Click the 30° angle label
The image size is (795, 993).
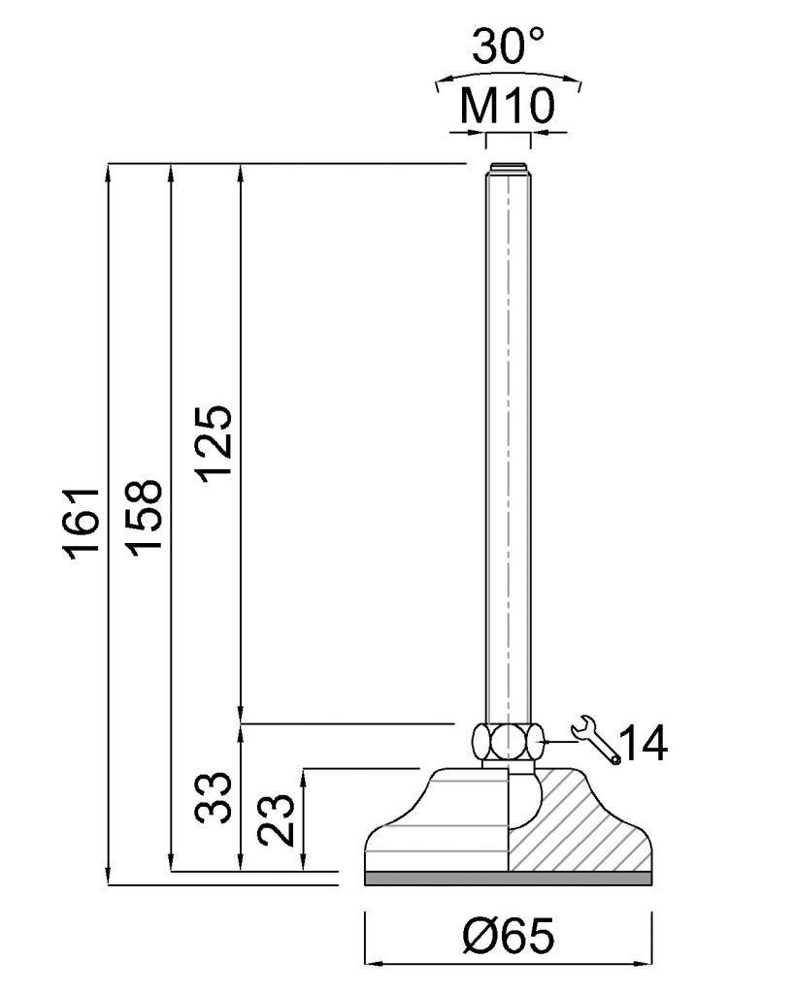point(509,46)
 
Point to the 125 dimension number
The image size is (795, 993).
point(215,442)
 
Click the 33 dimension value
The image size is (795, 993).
point(213,797)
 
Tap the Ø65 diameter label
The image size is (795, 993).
point(509,936)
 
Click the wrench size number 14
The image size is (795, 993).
point(643,743)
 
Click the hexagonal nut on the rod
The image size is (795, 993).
point(508,741)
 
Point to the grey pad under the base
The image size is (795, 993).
point(509,879)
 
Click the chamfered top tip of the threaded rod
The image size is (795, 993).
point(508,167)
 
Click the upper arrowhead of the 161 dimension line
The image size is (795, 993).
point(109,173)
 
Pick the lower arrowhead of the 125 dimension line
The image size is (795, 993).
point(241,713)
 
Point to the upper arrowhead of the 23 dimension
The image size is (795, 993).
point(305,779)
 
